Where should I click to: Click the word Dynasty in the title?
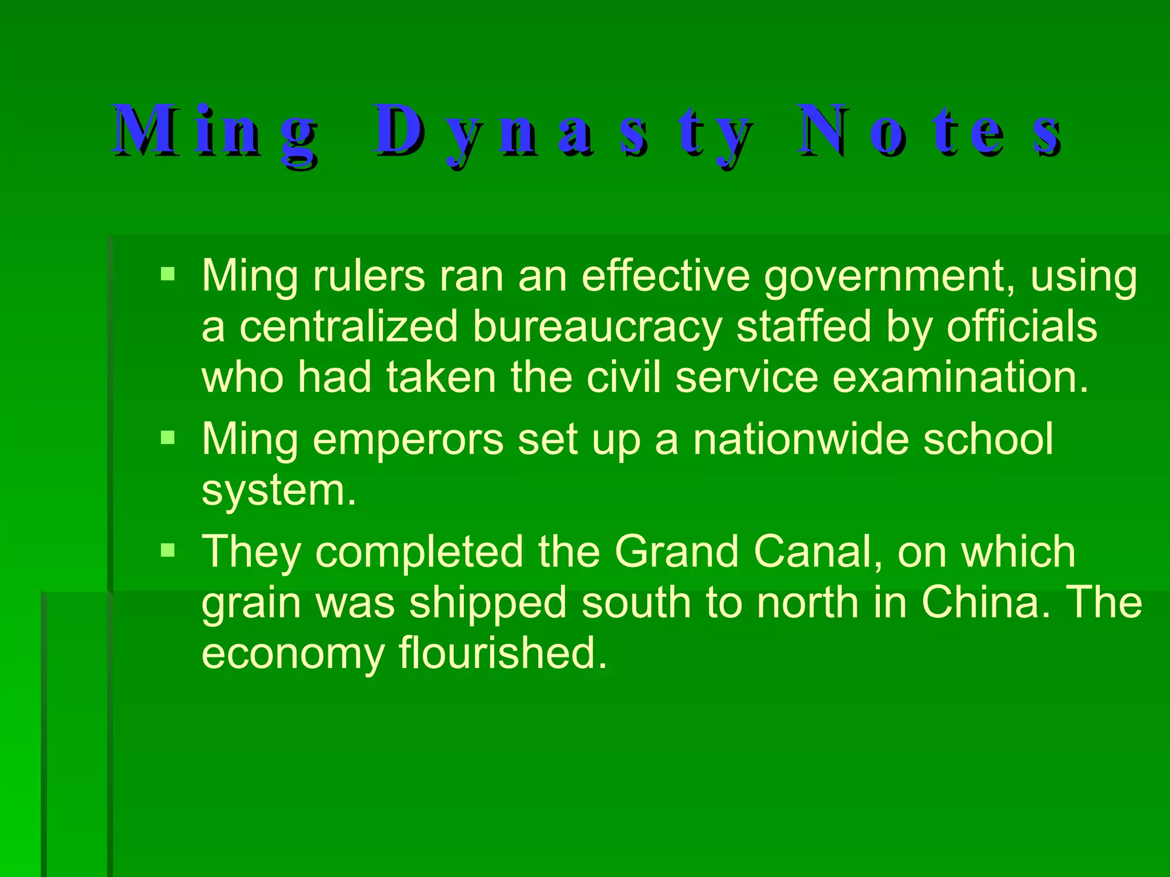[563, 132]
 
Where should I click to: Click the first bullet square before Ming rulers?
[167, 275]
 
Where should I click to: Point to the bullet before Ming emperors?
[167, 438]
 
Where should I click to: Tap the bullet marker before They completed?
[167, 551]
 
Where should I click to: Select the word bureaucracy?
[598, 327]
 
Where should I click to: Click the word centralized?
[348, 327]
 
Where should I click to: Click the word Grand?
[676, 552]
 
